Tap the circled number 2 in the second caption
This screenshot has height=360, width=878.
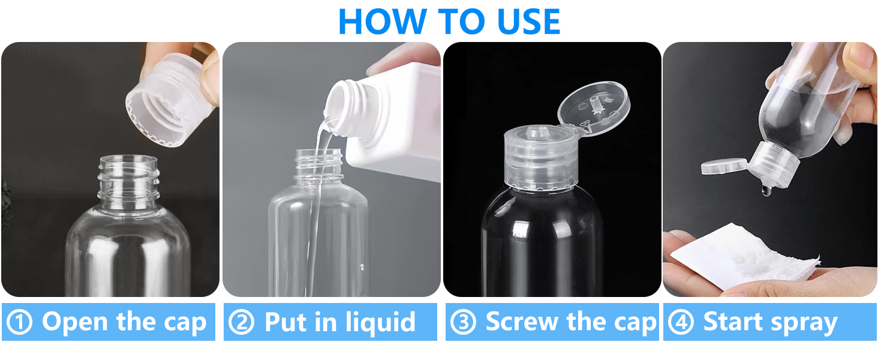click(x=241, y=322)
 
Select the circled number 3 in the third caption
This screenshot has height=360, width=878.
click(x=462, y=322)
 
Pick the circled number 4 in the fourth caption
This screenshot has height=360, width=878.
click(x=681, y=322)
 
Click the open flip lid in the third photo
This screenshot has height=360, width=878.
click(x=594, y=108)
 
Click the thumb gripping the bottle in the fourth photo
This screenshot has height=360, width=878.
click(x=861, y=60)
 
